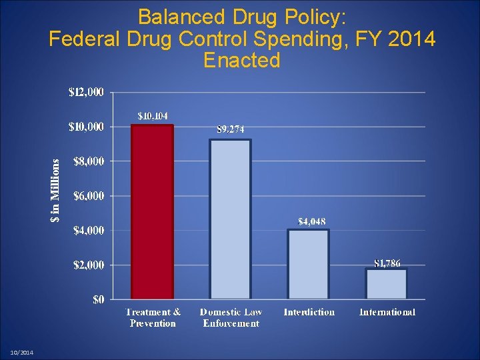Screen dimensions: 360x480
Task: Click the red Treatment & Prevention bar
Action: (153, 211)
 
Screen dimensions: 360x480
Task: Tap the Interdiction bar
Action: (309, 264)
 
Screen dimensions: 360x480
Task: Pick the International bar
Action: (387, 283)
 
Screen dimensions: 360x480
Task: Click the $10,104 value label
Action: (153, 116)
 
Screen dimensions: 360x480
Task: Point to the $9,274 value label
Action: (231, 129)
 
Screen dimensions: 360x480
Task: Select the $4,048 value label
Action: (311, 221)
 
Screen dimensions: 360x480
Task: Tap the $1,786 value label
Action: (387, 263)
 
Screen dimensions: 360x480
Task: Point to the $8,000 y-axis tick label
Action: (88, 161)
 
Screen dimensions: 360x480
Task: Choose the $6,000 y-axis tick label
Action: (88, 196)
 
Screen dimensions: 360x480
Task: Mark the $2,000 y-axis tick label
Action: (88, 265)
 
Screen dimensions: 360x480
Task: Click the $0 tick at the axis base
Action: (97, 300)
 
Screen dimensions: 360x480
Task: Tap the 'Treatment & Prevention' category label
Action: (153, 317)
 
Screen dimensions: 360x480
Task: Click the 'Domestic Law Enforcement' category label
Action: (231, 317)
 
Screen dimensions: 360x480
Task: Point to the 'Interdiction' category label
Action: (309, 312)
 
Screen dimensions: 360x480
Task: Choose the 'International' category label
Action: (387, 312)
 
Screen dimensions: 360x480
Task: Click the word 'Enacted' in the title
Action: (241, 61)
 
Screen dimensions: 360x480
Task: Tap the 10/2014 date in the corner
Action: (22, 353)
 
